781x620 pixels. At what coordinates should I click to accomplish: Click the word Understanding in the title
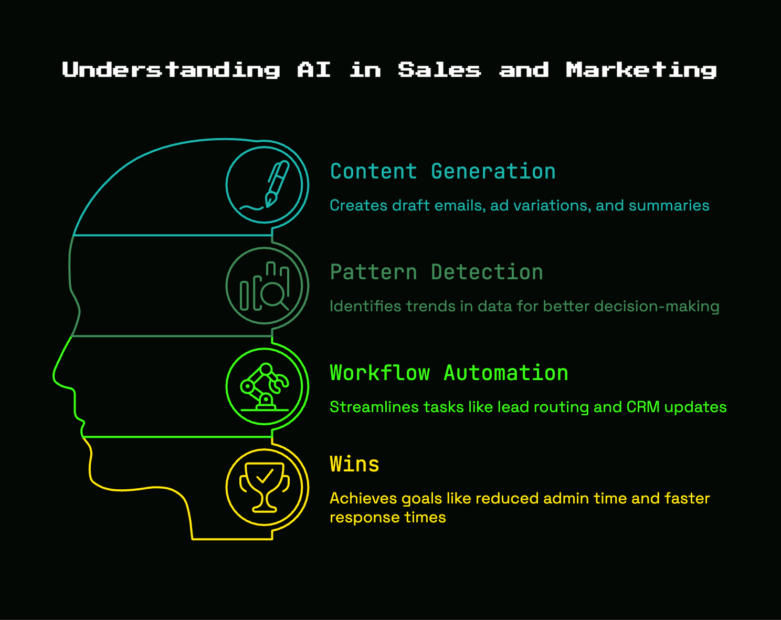[171, 70]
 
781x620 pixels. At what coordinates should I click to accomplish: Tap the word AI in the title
[314, 69]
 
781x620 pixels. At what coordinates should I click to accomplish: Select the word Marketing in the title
[641, 70]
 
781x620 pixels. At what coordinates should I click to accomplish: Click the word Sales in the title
[439, 69]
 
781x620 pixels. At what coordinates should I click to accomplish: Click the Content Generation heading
[443, 171]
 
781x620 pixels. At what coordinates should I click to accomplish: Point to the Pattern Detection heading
[436, 272]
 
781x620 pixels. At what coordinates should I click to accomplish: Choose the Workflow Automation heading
[449, 373]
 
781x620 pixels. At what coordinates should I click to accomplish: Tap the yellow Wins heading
[355, 464]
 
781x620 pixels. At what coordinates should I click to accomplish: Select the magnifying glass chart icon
[264, 286]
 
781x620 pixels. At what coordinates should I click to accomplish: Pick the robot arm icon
[264, 387]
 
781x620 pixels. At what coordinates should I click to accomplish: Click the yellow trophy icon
[264, 488]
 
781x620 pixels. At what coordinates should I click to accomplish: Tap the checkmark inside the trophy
[265, 476]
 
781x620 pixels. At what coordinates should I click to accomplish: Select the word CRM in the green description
[643, 407]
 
